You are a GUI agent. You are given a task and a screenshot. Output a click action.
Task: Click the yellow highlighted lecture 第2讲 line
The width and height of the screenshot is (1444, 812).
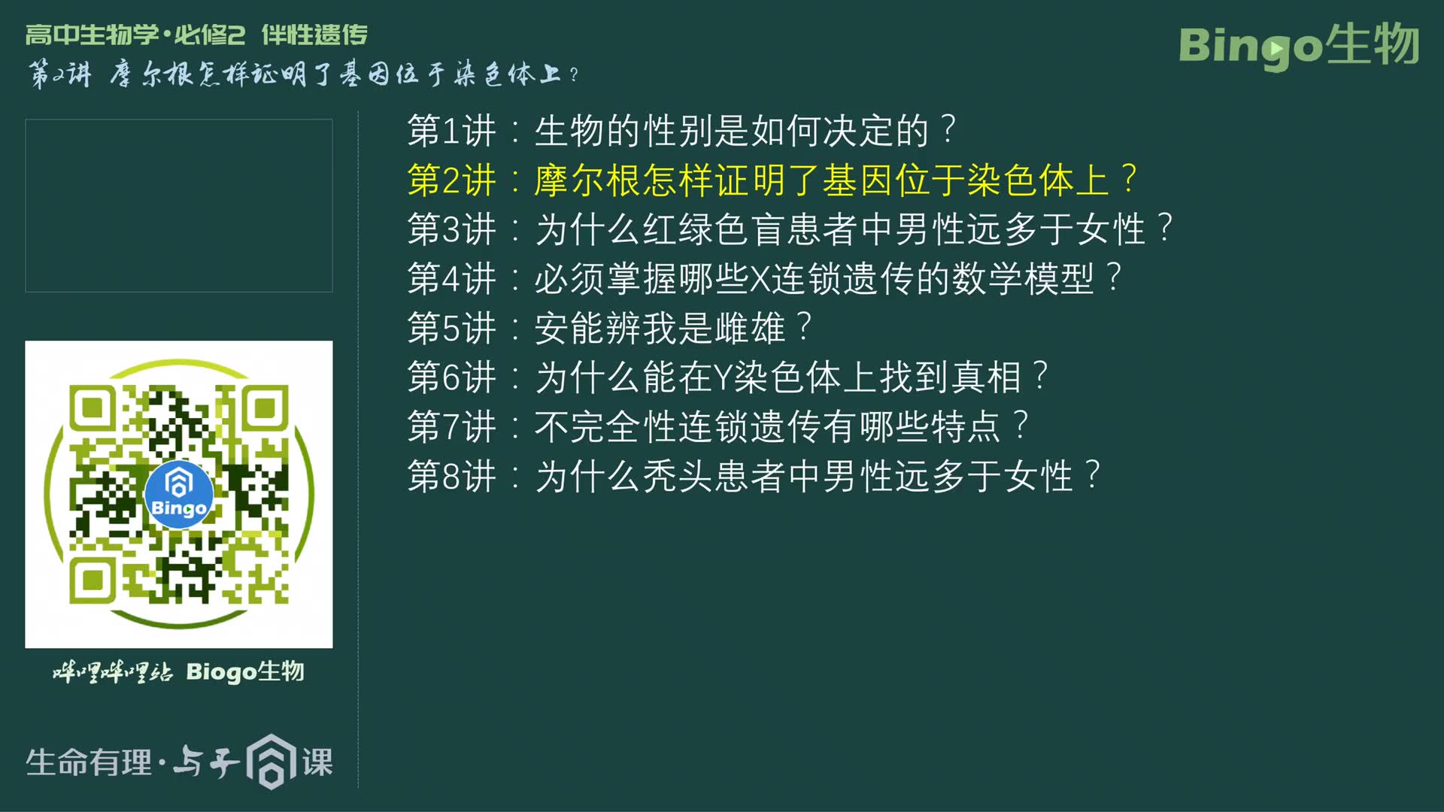772,180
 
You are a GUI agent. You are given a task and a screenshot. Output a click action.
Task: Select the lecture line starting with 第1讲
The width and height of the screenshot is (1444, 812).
681,131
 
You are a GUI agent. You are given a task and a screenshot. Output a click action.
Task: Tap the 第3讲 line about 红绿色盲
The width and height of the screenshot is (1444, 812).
790,229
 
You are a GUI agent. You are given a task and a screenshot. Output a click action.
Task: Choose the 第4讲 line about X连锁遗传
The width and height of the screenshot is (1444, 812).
764,279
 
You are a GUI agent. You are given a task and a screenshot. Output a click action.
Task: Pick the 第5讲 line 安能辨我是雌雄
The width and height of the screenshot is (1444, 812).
609,328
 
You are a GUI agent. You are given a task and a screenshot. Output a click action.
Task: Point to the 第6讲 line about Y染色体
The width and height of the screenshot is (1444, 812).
727,377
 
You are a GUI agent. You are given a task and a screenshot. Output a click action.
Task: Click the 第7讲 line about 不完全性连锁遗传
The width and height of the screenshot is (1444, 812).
717,427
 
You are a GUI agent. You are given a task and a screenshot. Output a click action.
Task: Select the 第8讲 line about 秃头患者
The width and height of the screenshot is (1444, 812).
754,477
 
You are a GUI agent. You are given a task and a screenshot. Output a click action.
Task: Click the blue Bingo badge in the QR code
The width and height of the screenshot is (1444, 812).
178,494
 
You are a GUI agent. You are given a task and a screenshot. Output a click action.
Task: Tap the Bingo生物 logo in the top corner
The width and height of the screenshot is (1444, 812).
1299,45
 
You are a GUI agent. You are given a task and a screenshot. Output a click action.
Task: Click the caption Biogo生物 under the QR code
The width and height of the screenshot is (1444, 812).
245,671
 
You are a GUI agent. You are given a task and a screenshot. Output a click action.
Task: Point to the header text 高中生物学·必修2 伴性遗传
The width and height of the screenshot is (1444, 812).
196,35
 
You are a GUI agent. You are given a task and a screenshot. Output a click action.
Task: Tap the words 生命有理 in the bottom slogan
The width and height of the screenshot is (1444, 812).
89,762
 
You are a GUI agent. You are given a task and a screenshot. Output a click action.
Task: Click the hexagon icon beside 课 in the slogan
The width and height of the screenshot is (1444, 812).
272,762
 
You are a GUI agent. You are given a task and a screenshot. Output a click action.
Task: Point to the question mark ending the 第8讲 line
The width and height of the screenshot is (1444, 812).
1093,475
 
